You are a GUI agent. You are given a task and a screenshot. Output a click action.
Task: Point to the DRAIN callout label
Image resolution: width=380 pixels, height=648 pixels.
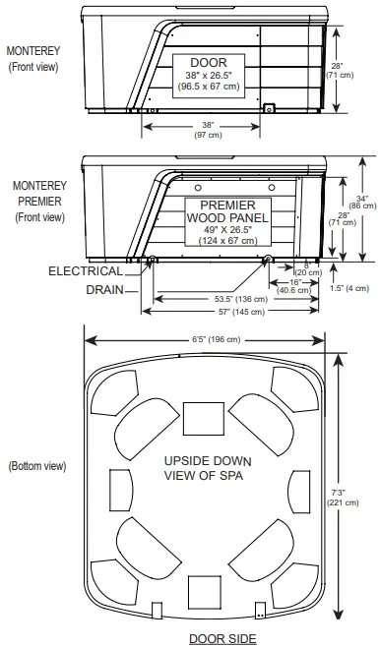tap(103, 290)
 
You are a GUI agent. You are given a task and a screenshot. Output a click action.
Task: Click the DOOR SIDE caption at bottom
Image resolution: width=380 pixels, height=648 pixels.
tap(222, 638)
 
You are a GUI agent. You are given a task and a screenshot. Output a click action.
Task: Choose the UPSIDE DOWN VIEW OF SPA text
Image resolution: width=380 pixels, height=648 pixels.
tap(208, 468)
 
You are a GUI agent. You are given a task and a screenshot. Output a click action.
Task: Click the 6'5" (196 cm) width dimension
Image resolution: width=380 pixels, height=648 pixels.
tap(212, 340)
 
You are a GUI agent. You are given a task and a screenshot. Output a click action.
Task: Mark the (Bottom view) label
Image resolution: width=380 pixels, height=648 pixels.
tap(36, 465)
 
